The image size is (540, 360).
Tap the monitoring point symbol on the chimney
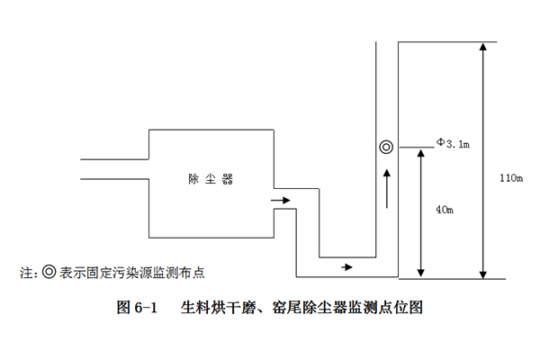tap(385, 147)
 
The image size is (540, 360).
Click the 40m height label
tap(444, 209)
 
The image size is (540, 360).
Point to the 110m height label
tap(510, 177)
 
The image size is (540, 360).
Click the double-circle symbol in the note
tap(50, 270)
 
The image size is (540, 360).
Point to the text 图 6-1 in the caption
tap(138, 308)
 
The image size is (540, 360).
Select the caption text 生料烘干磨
tap(214, 308)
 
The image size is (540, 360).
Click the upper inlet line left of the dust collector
tap(114, 160)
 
